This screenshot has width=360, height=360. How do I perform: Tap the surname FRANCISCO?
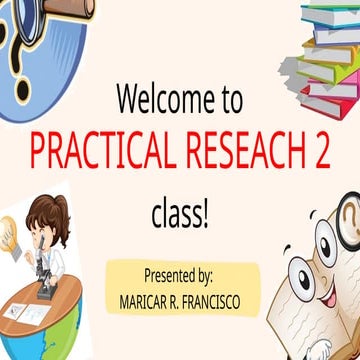point(212,299)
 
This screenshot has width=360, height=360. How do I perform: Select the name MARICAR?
point(144,299)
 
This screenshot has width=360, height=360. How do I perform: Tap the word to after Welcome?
point(228,99)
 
